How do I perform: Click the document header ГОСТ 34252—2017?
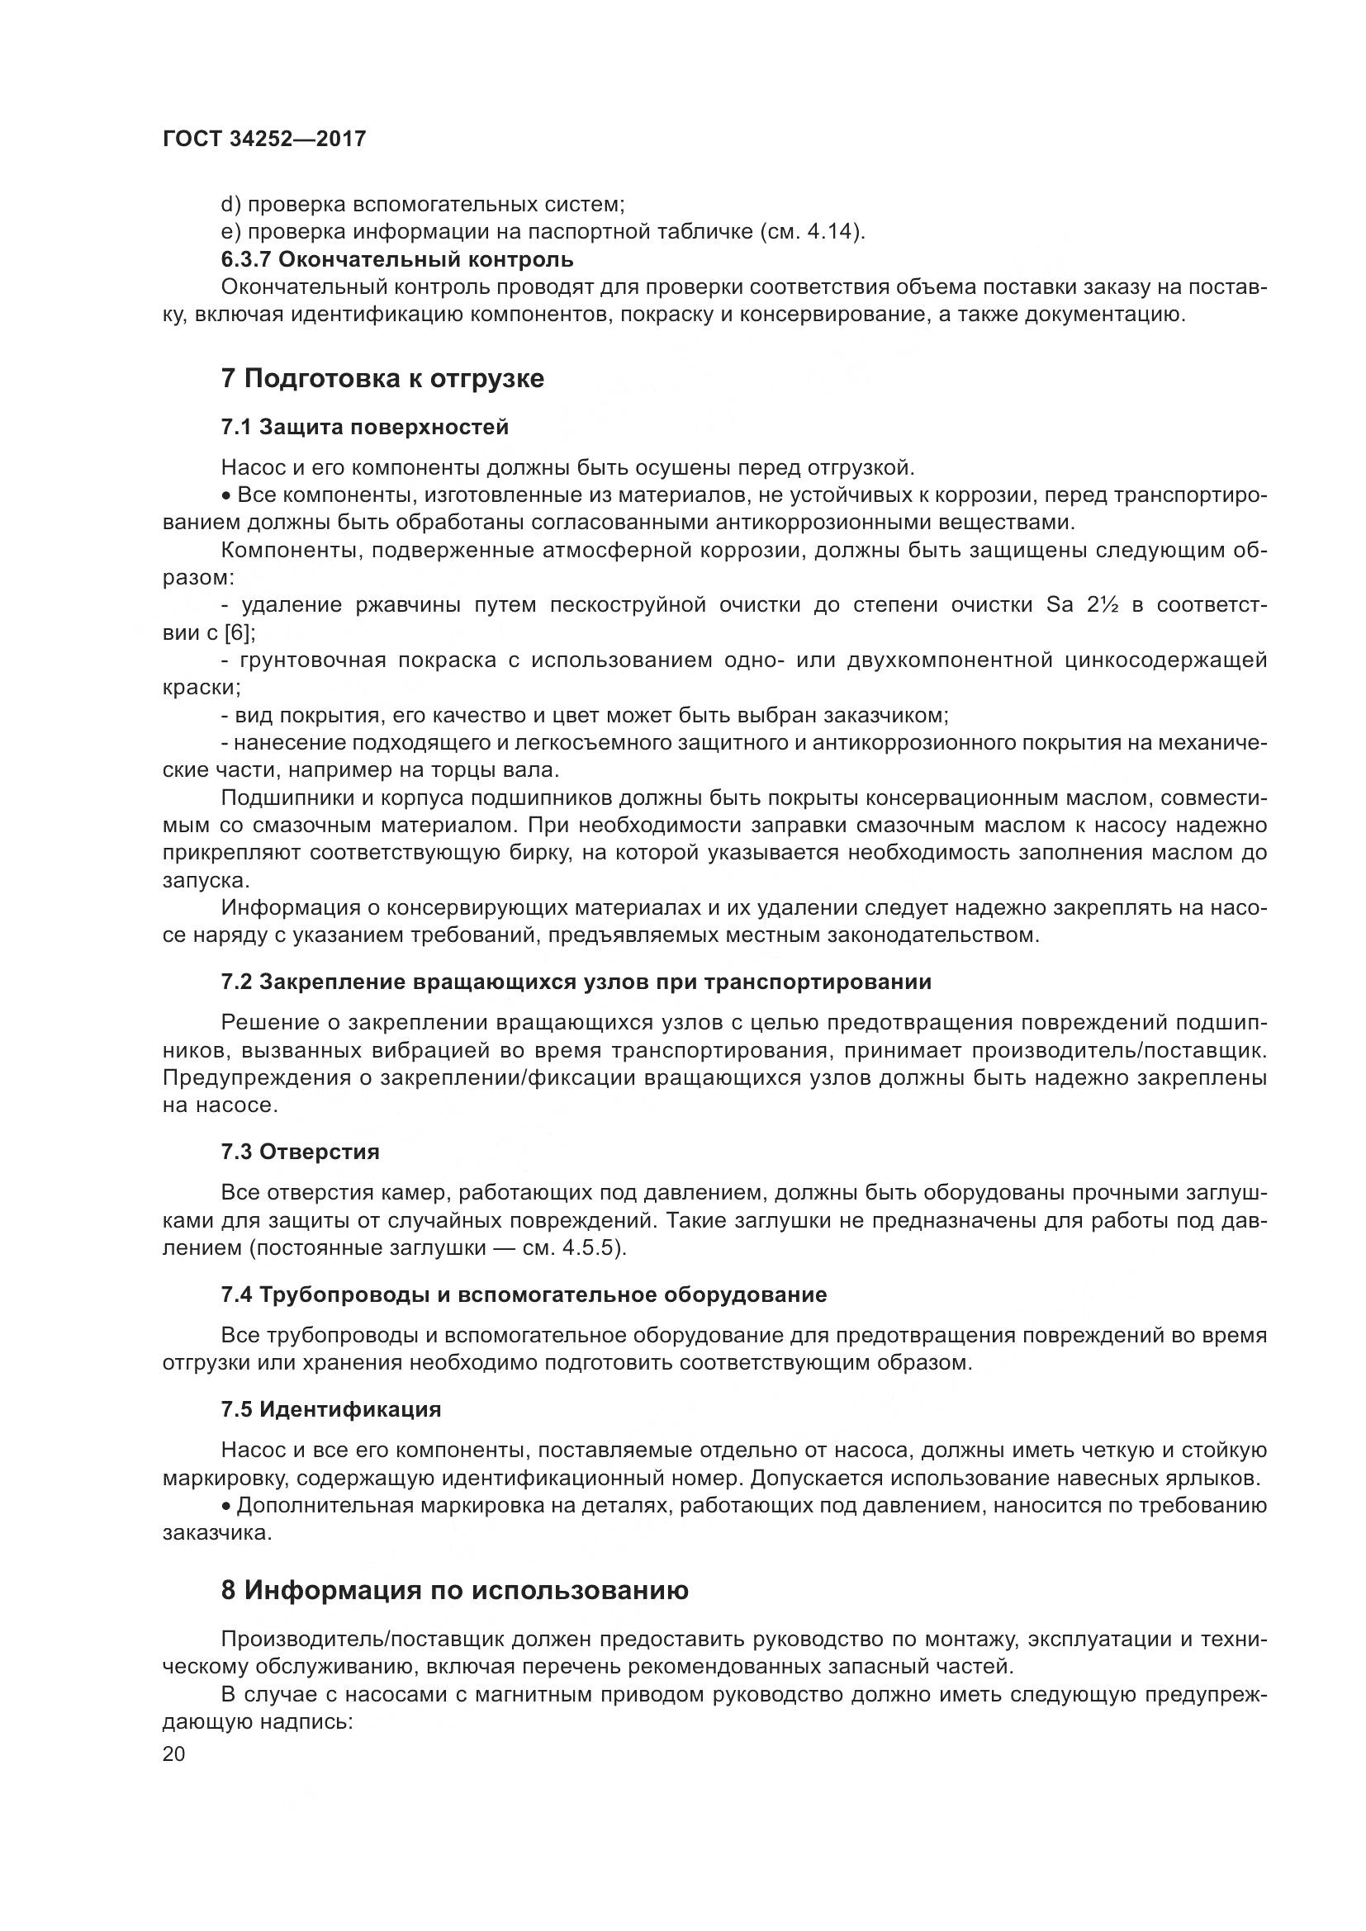[264, 139]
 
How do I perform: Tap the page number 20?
[173, 1754]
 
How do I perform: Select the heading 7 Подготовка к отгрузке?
[382, 378]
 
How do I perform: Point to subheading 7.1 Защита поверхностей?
[364, 428]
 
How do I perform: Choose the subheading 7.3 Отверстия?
[301, 1152]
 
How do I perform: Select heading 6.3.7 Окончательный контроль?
[397, 259]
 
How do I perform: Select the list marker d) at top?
[230, 205]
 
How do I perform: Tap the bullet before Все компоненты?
[227, 495]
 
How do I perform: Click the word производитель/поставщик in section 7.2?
[1118, 1050]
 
